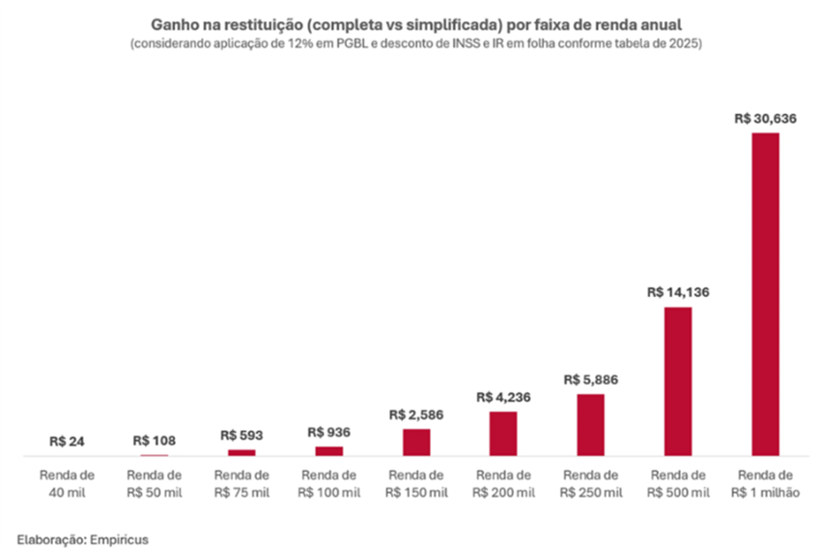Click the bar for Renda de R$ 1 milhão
765,293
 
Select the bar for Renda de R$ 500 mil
678,380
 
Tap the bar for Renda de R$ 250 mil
590,423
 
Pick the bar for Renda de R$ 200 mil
503,432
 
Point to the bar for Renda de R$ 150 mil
416,441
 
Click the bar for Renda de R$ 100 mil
329,449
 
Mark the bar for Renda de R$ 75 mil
241,451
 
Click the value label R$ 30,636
765,118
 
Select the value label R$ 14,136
678,292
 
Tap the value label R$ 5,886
590,379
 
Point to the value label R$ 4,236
503,396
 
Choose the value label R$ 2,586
416,414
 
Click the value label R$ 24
67,441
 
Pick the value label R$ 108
155,440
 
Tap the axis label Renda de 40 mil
67,483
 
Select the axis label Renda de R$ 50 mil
155,483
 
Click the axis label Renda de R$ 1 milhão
765,483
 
